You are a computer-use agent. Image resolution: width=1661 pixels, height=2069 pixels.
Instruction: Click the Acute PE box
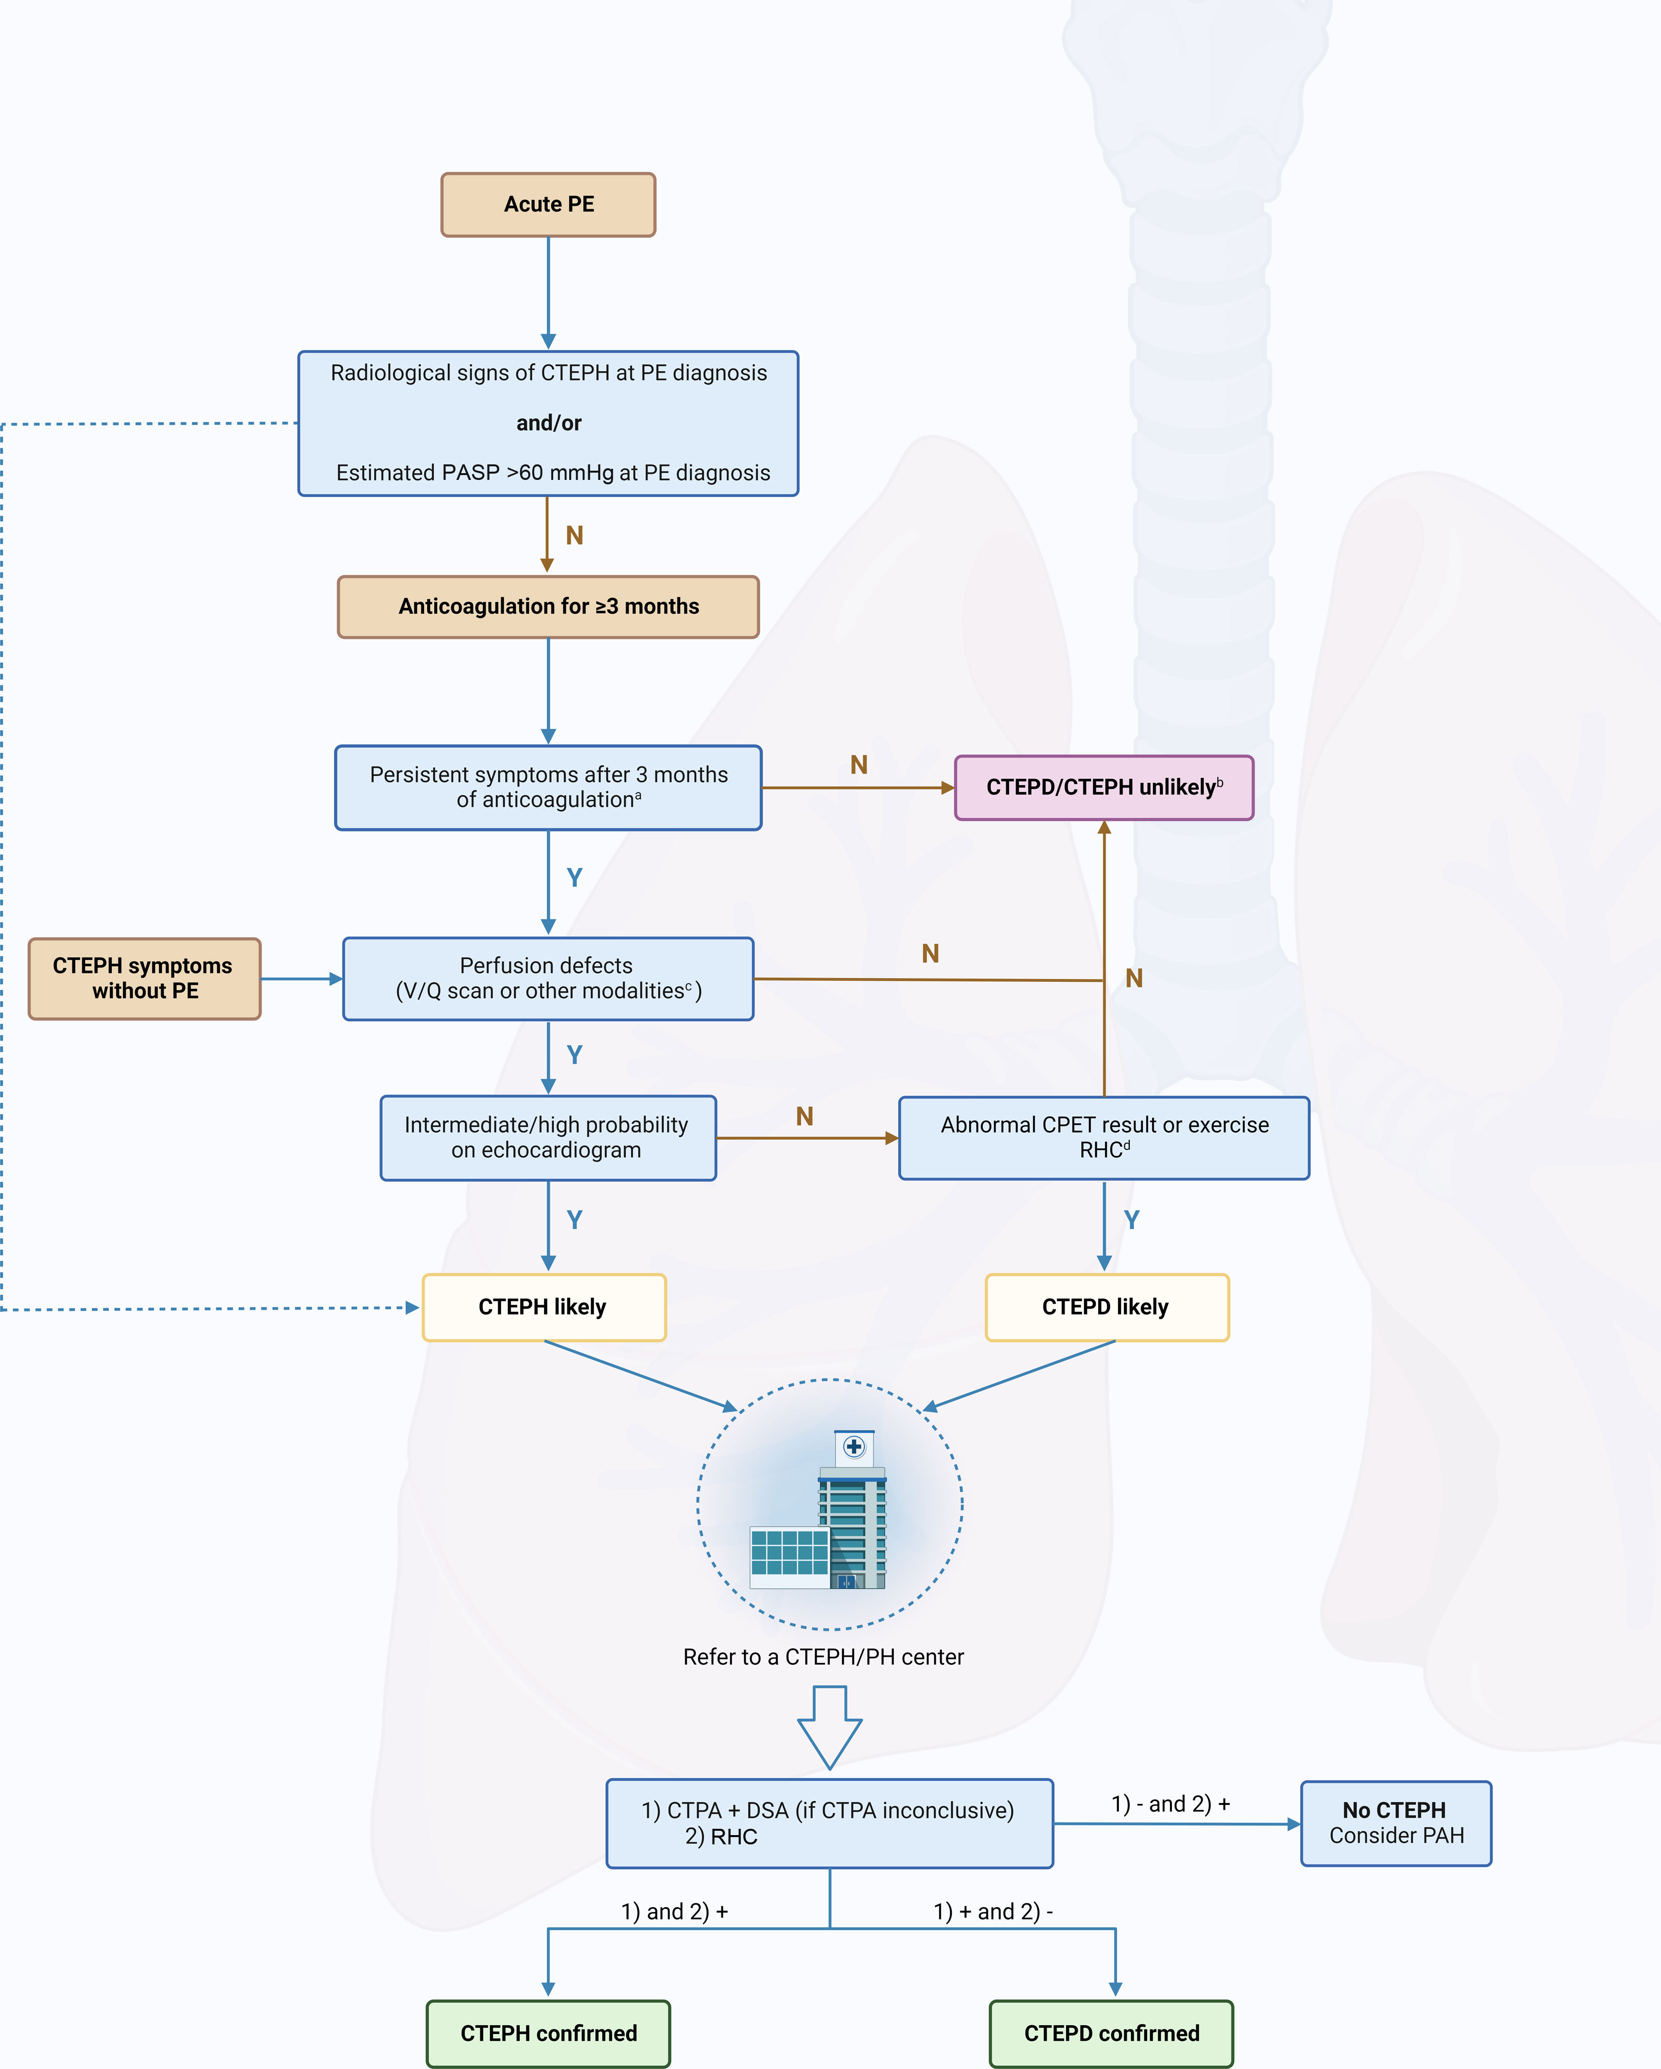[x=548, y=204]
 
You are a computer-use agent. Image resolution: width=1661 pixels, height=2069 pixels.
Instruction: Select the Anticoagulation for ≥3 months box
[x=548, y=606]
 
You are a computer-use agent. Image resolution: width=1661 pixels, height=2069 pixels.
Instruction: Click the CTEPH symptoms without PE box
[x=144, y=979]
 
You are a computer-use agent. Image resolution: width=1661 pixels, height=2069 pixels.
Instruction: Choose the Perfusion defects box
[x=548, y=979]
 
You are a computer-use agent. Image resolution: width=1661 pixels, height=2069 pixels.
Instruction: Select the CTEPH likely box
[x=544, y=1307]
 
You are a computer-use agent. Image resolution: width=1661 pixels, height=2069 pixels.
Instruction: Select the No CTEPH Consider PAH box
[x=1396, y=1823]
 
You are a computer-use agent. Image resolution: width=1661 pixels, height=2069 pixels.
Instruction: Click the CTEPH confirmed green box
[x=548, y=2034]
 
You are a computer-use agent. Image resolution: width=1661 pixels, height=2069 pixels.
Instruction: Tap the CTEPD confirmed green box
[x=1111, y=2034]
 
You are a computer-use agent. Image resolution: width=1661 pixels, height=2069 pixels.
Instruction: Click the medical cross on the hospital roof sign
[x=854, y=1446]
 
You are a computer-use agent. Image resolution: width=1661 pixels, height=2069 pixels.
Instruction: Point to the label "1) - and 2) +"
[x=1171, y=1804]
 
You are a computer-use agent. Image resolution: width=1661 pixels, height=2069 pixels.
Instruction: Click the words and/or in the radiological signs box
[x=549, y=423]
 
